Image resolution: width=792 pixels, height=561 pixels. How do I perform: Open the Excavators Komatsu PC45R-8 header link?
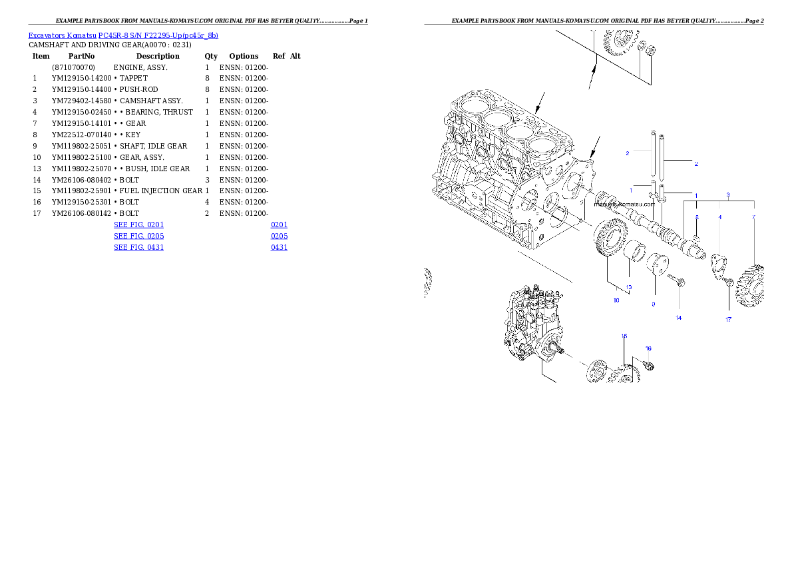point(123,35)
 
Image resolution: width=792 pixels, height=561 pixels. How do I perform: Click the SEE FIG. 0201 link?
point(138,225)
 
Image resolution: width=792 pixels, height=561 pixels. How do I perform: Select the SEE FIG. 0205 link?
point(138,236)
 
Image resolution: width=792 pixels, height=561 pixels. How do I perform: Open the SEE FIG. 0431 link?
point(138,247)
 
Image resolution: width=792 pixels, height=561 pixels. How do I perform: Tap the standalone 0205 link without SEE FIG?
point(279,236)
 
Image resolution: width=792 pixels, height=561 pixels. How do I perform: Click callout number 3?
point(728,195)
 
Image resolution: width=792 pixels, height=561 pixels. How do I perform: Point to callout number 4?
point(719,217)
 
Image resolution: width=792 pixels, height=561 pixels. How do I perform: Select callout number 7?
point(753,217)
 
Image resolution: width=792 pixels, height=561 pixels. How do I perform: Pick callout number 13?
point(628,287)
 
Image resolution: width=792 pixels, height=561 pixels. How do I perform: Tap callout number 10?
point(616,301)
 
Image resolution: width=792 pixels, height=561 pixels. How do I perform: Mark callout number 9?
point(653,304)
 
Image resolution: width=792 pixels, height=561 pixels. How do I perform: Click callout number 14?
point(679,318)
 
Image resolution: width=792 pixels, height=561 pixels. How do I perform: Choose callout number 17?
point(728,320)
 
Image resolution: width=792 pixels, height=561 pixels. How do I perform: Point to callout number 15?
point(624,336)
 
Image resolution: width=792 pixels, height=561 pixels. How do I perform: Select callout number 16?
point(648,348)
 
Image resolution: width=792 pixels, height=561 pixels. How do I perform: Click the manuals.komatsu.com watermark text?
point(624,205)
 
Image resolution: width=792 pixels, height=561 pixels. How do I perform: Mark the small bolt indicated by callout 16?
point(650,365)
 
